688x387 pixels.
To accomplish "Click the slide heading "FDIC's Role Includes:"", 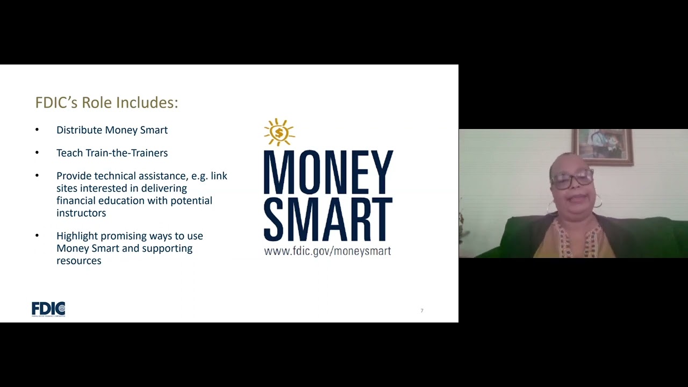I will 106,102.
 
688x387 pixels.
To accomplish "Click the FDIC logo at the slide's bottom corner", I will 48,309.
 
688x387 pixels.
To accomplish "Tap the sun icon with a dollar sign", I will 279,132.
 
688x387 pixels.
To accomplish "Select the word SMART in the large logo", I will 328,219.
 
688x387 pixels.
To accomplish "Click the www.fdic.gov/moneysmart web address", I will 327,251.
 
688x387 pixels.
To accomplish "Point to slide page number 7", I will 422,311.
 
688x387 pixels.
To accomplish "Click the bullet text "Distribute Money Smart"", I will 112,130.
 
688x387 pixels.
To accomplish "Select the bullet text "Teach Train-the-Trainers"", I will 112,153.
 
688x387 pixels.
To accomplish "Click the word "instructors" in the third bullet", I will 81,213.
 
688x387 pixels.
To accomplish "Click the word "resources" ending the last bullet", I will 78,261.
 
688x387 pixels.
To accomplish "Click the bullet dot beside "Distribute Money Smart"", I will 37,130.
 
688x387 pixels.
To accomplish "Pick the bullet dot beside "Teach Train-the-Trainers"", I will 37,153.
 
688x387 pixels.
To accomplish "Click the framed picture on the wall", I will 602,146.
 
